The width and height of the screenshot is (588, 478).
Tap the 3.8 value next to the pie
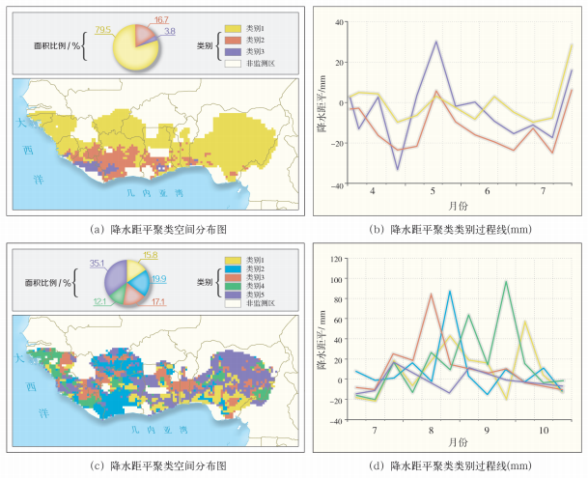169,32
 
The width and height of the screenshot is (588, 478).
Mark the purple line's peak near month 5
437,42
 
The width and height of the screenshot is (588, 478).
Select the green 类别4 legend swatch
233,293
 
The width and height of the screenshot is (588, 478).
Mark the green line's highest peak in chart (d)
507,282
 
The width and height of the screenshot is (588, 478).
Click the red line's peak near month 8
431,294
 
